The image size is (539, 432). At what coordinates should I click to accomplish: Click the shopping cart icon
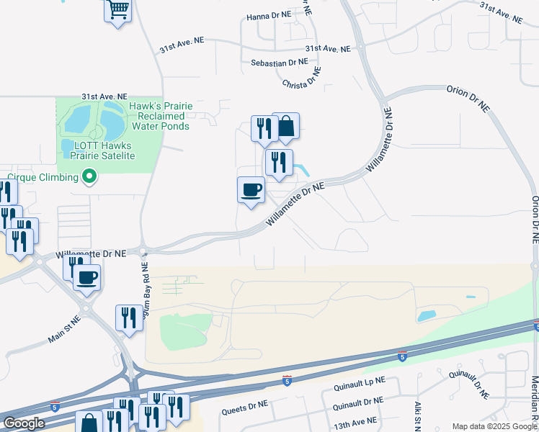click(117, 12)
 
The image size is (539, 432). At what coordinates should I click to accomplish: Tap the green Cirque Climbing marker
click(89, 176)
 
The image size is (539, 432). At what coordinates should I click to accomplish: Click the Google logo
click(24, 423)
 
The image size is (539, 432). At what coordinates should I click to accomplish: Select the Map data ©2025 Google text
click(494, 426)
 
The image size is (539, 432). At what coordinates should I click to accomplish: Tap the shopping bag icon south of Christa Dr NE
click(286, 126)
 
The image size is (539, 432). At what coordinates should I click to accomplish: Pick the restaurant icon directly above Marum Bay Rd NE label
click(129, 318)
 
